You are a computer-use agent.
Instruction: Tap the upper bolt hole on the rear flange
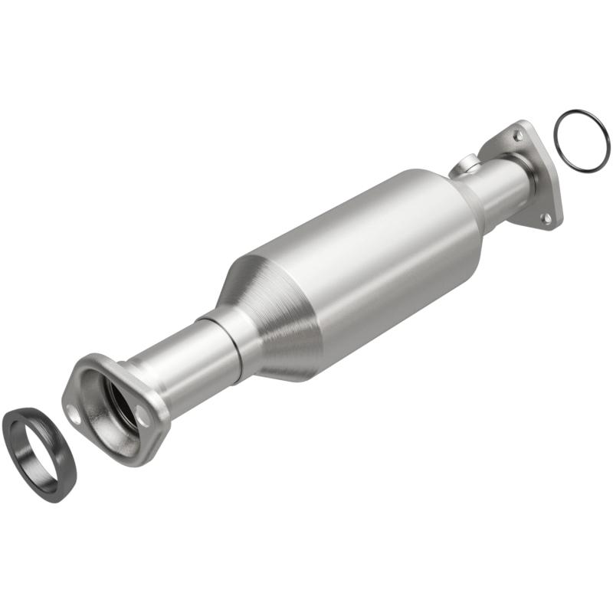tap(519, 135)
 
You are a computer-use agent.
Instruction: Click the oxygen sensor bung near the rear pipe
tap(464, 164)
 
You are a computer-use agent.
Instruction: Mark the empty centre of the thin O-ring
tap(581, 140)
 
